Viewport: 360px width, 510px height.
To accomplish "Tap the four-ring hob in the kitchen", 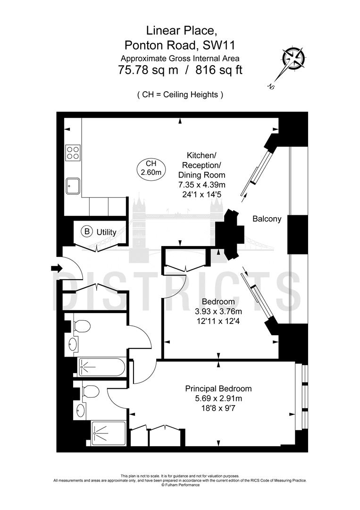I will [x=73, y=152].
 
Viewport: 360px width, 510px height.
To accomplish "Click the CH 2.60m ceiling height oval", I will [x=151, y=168].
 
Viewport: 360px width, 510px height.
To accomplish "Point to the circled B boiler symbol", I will [x=87, y=231].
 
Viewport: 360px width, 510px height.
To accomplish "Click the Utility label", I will [x=106, y=232].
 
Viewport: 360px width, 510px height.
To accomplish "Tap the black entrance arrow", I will [x=56, y=269].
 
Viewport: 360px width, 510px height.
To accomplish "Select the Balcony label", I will [x=267, y=219].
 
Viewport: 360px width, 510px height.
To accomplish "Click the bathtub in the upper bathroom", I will [x=101, y=366].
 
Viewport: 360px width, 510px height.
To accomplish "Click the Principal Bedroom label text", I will [x=218, y=389].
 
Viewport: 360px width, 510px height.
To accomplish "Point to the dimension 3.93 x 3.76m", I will [x=218, y=311].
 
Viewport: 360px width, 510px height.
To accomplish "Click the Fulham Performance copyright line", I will [x=180, y=484].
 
